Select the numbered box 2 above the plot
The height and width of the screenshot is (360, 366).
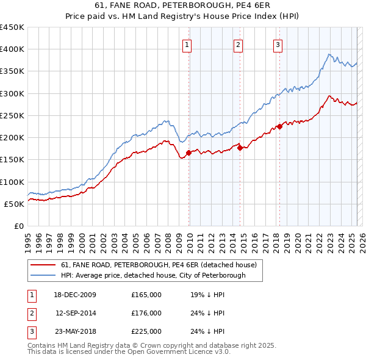(x=238, y=44)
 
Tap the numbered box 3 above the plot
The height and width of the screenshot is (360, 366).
(x=278, y=44)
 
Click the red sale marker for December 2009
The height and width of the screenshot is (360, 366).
(x=189, y=153)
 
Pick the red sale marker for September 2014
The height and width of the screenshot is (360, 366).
(x=240, y=148)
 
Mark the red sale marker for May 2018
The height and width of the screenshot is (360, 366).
(x=280, y=126)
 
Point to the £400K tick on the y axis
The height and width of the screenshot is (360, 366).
(x=12, y=49)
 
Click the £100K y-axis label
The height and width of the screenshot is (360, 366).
(x=12, y=182)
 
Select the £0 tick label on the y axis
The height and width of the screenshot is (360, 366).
(x=18, y=226)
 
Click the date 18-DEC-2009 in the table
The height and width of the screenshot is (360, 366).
(x=75, y=295)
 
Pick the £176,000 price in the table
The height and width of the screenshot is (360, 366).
(x=146, y=313)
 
